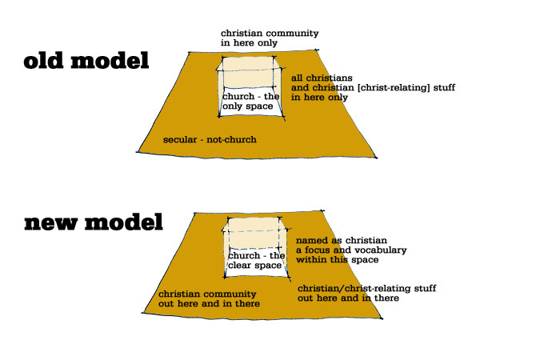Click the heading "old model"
click(x=86, y=61)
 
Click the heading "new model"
click(x=94, y=222)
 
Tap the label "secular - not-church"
click(x=210, y=139)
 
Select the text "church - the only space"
click(x=250, y=101)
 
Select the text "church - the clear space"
click(x=256, y=260)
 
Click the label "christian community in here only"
click(x=270, y=38)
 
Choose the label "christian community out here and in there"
click(x=209, y=298)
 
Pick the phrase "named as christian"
click(x=342, y=240)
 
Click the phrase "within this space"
click(x=337, y=259)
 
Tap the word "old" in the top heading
click(x=43, y=61)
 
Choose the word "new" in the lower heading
click(x=50, y=223)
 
